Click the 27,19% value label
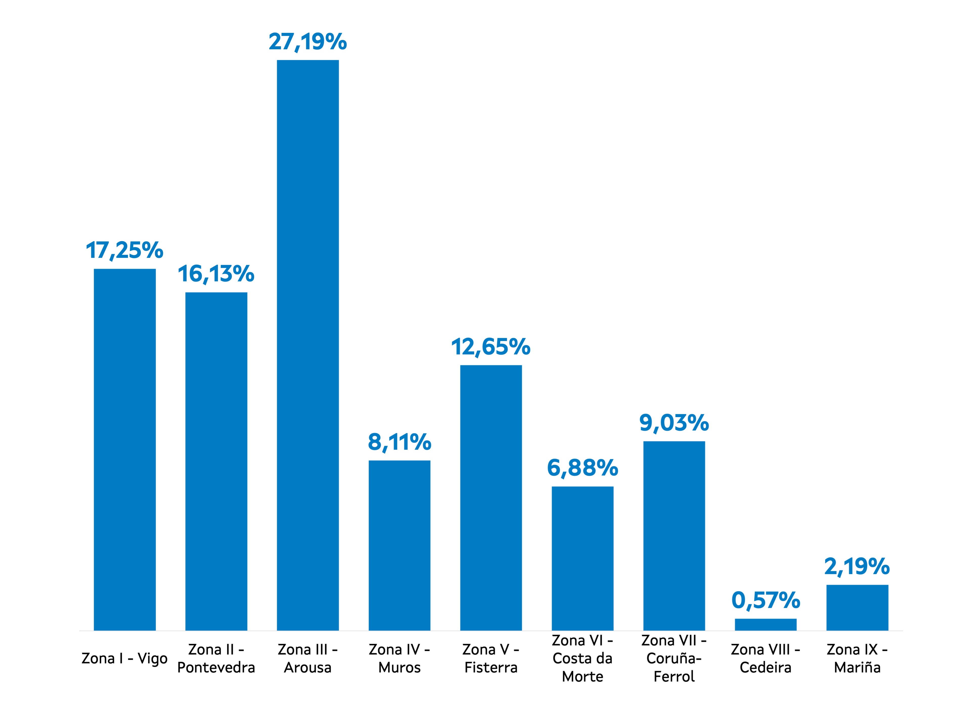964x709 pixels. coord(308,42)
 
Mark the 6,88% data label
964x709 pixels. coord(582,468)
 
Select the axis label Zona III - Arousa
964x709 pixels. coord(308,658)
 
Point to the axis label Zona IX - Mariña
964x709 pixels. coord(857,658)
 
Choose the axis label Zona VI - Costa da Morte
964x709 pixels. coord(582,658)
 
